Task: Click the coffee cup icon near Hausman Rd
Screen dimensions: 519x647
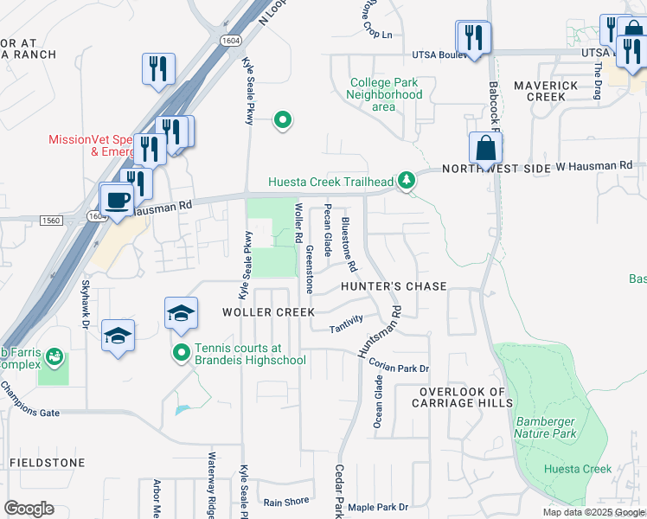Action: click(118, 200)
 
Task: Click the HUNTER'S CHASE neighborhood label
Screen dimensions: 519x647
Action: click(394, 286)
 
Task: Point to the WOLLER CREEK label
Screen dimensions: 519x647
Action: click(263, 311)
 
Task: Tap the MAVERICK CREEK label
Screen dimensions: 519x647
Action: click(545, 91)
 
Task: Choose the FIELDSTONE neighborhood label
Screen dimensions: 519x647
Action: click(48, 463)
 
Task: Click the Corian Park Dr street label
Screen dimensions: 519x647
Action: click(399, 368)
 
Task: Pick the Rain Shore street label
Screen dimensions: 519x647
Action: click(286, 502)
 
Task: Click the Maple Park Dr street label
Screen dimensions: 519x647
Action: click(378, 507)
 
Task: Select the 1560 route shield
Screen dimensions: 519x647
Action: click(51, 221)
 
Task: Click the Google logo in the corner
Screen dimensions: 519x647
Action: click(29, 509)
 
